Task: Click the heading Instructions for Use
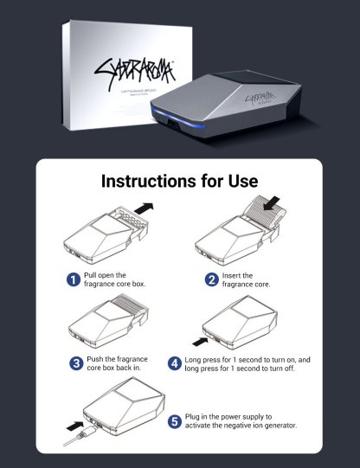(179, 182)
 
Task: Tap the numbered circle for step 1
(74, 279)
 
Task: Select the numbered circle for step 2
(211, 279)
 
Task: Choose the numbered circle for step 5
(175, 422)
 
